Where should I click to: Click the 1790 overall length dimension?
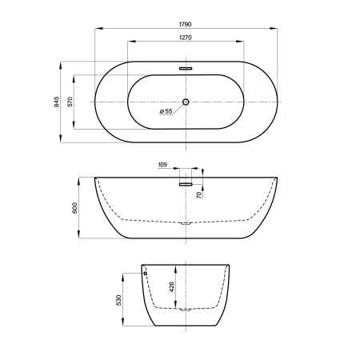coord(185,24)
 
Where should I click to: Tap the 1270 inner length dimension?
coord(185,38)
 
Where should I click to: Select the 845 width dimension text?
coord(57,102)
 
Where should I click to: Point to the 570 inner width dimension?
coord(70,102)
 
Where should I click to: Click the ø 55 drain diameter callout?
coord(166,111)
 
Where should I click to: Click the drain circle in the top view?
coord(186,102)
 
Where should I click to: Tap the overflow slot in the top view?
coord(186,69)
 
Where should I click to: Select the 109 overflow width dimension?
coord(162,165)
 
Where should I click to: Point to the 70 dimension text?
coord(199,195)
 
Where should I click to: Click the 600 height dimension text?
coord(74,208)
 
